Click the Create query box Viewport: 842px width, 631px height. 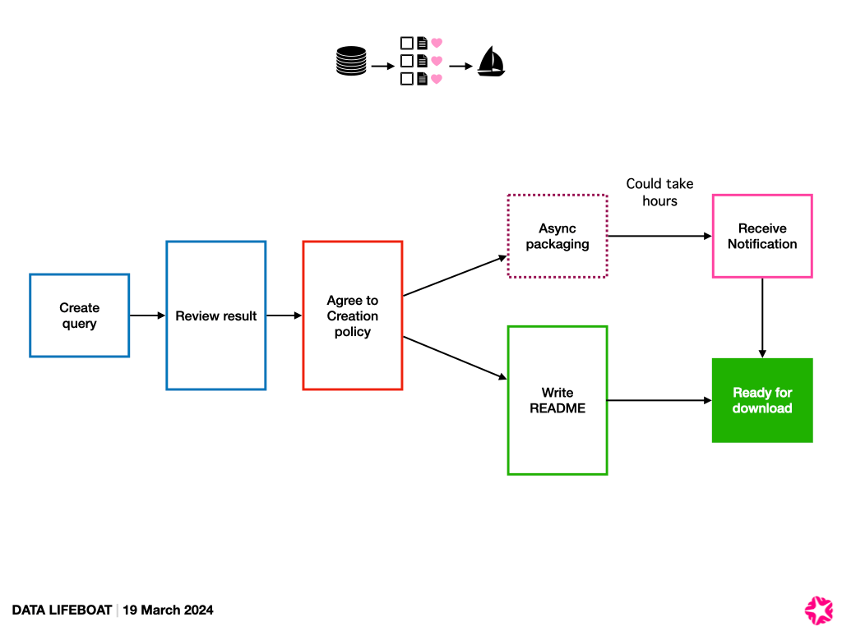point(79,315)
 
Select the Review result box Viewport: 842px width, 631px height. point(216,315)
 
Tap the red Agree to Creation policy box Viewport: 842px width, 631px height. point(353,315)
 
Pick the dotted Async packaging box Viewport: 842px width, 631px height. point(557,237)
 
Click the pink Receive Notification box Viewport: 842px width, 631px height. point(762,237)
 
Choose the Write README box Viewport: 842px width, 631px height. point(557,400)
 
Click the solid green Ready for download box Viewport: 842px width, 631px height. point(762,400)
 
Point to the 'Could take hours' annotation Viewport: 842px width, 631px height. point(659,192)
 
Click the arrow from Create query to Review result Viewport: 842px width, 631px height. point(147,315)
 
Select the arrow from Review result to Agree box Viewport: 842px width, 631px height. point(284,315)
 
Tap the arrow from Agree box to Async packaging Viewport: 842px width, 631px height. point(455,276)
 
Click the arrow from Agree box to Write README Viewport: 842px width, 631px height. point(455,357)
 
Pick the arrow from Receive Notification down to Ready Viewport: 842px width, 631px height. point(762,317)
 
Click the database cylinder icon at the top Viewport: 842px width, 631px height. point(351,62)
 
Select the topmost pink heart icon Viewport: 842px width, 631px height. point(437,42)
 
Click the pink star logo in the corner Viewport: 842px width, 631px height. point(818,609)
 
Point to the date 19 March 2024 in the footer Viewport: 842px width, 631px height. point(168,610)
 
